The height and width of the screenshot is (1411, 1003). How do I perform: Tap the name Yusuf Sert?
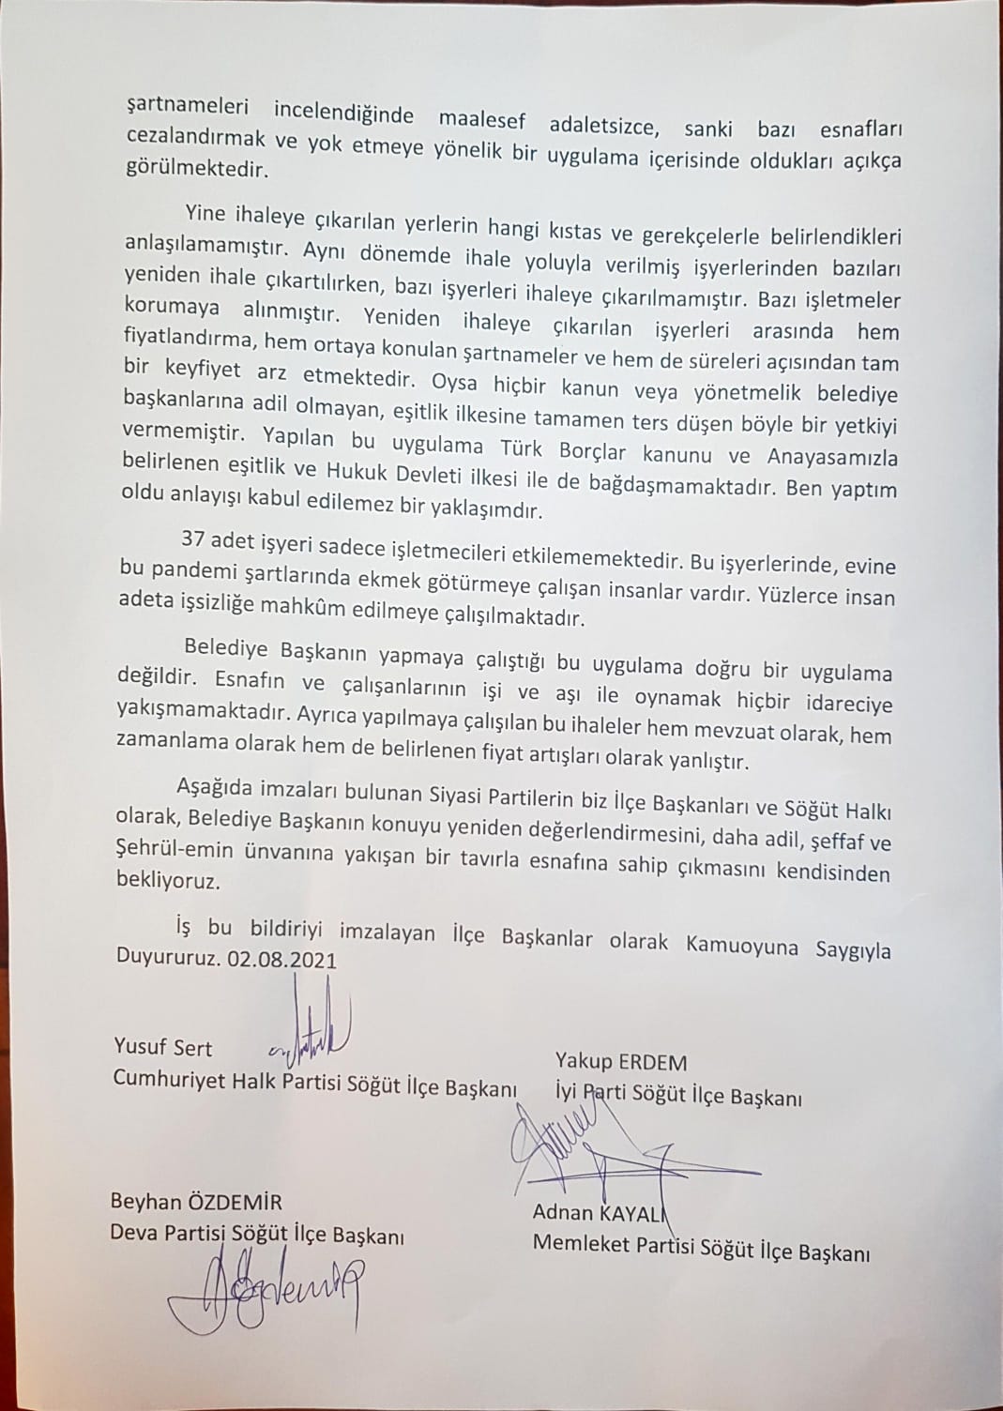[x=162, y=1048]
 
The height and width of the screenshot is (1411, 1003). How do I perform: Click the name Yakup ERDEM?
[x=620, y=1063]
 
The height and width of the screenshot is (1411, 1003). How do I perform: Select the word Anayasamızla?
[x=827, y=459]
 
